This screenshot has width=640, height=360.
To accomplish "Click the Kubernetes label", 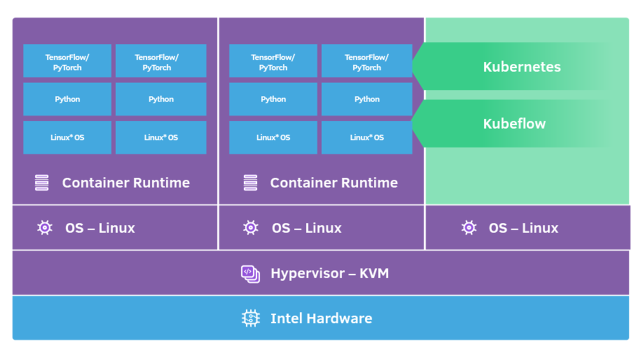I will pos(521,67).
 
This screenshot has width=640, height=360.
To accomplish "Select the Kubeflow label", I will pos(514,123).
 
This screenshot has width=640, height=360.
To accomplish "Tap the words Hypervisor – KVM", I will pos(329,273).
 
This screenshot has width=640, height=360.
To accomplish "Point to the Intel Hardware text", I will pos(321,318).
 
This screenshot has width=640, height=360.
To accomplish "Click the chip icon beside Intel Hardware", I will pos(250,318).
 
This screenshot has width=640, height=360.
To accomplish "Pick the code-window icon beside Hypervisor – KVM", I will pos(250,273).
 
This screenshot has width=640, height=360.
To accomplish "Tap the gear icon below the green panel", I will pos(468,228).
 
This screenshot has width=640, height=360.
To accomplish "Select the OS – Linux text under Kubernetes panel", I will pos(523,228).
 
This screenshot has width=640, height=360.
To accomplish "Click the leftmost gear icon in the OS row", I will pos(44,228).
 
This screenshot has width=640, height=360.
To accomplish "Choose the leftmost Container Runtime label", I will pos(125,182).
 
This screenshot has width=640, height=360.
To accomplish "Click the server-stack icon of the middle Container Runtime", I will pos(250,182).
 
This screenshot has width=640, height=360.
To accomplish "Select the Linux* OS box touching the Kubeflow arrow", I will pos(366,137).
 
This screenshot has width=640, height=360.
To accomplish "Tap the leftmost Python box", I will pos(67,99).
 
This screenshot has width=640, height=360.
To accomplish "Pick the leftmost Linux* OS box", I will pos(67,137).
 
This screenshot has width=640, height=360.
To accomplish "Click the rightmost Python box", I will pos(366,99).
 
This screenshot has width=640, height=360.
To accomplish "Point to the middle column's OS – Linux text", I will pos(306,228).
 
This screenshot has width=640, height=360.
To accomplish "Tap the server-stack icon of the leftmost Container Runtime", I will pos(41,182).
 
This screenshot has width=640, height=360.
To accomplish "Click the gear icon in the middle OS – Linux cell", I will pos(250,228).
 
